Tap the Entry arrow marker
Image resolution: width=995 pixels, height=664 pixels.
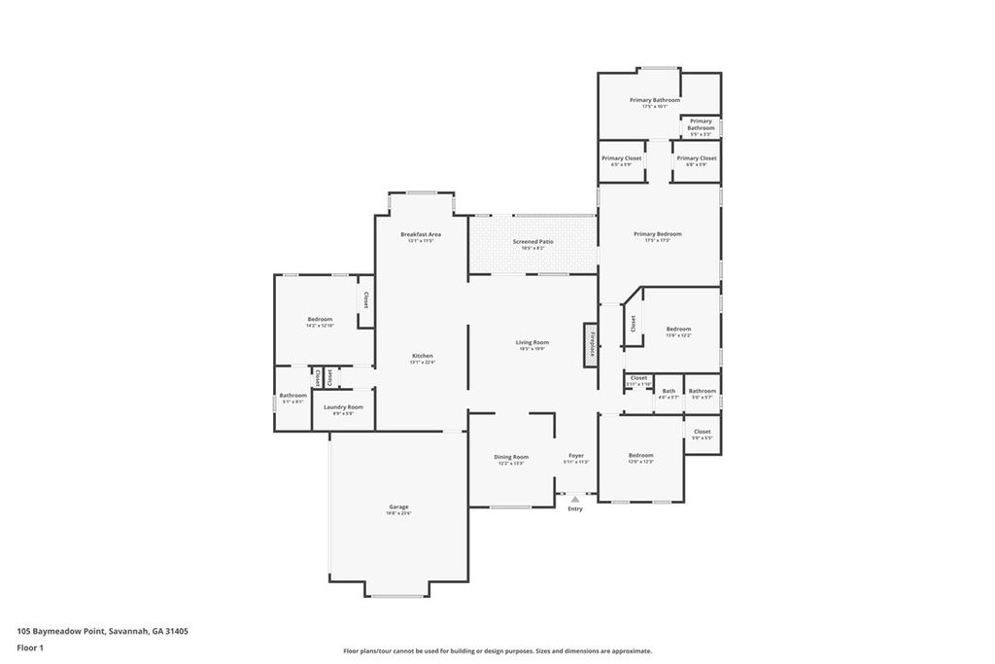(x=574, y=499)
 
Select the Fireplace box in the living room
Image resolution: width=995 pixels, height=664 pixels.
(x=590, y=344)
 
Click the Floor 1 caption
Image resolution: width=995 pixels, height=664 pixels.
(x=30, y=647)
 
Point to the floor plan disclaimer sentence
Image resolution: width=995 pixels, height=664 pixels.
(x=497, y=651)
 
